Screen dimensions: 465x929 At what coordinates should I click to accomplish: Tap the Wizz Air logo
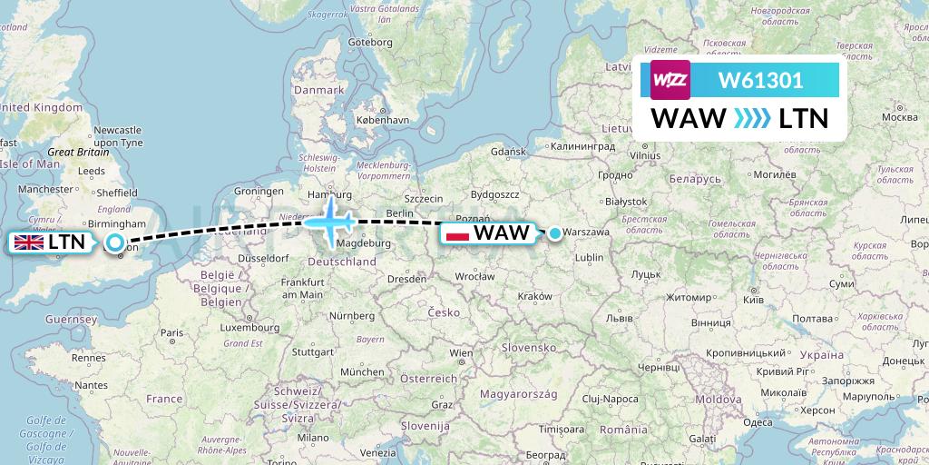pyautogui.click(x=670, y=80)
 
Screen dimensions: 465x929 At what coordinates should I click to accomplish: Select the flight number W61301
pyautogui.click(x=760, y=80)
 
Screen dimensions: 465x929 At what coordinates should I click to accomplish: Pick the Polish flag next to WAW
pyautogui.click(x=458, y=233)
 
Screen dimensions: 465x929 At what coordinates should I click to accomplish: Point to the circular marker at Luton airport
pyautogui.click(x=115, y=242)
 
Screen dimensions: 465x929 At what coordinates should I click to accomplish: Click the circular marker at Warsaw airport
pyautogui.click(x=554, y=232)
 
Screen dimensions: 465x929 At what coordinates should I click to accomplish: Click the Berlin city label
pyautogui.click(x=400, y=213)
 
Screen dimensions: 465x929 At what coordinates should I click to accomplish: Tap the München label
pyautogui.click(x=363, y=371)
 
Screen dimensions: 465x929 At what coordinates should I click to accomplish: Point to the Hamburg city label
pyautogui.click(x=329, y=193)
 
